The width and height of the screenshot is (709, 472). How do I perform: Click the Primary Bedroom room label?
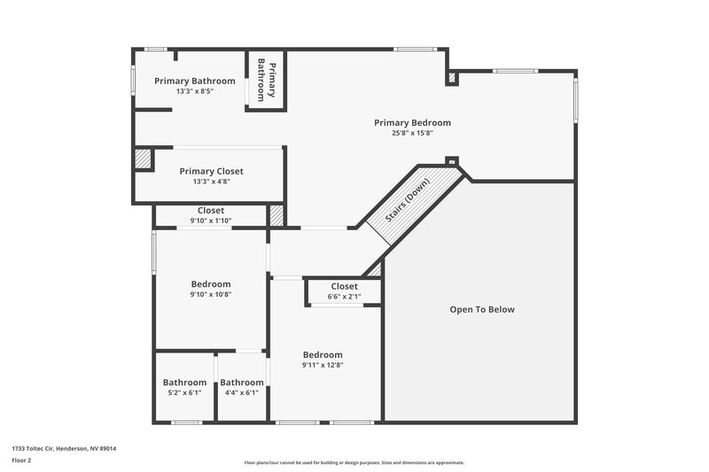point(412,123)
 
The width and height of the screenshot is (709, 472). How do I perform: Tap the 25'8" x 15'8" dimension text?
point(412,134)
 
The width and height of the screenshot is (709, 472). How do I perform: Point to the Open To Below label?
point(481,310)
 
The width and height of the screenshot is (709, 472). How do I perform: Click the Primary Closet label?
point(211,171)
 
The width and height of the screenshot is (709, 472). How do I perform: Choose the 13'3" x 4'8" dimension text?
point(211,182)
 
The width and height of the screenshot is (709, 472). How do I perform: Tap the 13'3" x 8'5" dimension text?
point(194,91)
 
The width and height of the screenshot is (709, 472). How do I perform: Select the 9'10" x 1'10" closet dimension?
point(210,221)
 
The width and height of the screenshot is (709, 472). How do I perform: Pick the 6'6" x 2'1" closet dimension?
point(344,297)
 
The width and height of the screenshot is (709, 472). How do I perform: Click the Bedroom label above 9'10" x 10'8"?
point(210,284)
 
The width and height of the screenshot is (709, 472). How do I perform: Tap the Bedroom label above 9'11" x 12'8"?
point(322,353)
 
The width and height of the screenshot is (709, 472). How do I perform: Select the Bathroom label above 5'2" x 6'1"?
point(184,383)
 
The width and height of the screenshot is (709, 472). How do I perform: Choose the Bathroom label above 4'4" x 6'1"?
point(242,383)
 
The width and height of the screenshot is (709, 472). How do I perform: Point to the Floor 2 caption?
point(21,461)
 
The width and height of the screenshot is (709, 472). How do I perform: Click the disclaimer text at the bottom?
point(354,462)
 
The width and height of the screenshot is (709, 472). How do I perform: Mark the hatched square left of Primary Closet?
point(143,159)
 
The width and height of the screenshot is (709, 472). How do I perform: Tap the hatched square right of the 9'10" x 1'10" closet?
point(277,215)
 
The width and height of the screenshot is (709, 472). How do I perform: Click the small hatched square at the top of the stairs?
point(452,162)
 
